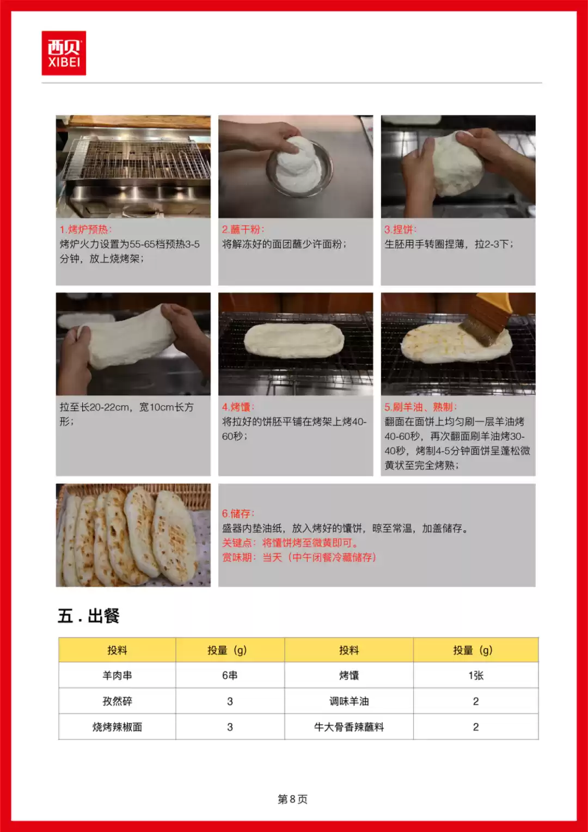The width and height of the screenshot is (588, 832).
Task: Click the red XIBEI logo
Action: coord(64,53)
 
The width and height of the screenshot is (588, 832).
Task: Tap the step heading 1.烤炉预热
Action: coord(85,229)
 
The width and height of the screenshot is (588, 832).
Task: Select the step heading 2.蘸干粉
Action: coord(243,229)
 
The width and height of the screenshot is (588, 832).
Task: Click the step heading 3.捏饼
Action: coord(400,229)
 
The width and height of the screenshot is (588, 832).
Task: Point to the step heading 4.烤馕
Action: coord(238,407)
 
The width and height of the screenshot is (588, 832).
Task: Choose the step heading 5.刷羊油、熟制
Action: coord(420,407)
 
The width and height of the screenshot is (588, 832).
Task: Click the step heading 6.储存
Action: coord(238,513)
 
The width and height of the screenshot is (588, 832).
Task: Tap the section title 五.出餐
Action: coord(89,616)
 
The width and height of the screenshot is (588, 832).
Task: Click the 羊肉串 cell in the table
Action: coord(117,675)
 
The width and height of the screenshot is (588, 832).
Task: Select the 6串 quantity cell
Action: coord(230,675)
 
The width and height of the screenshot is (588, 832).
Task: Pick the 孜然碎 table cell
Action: coord(117,701)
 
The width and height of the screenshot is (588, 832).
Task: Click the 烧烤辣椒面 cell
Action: coord(117,727)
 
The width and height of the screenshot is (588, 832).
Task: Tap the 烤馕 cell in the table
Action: coord(349,675)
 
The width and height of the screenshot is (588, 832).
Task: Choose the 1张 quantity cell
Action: coord(476,675)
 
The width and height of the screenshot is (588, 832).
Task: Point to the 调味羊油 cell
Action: coord(349,701)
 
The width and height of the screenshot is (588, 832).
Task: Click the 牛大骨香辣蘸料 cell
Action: coord(349,727)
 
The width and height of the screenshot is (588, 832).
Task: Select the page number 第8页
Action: coord(292,799)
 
